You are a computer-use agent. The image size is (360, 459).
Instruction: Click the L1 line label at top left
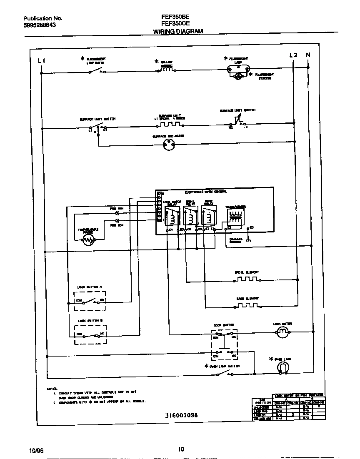[41, 61]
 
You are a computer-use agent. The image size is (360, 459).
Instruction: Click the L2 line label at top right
[293, 55]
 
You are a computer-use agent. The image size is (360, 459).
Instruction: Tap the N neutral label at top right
[308, 55]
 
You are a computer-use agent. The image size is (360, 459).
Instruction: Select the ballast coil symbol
[166, 70]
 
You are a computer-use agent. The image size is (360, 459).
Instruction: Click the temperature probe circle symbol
[88, 239]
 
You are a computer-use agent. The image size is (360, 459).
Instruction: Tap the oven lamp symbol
[283, 367]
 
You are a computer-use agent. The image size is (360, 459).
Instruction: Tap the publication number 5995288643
[40, 25]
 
